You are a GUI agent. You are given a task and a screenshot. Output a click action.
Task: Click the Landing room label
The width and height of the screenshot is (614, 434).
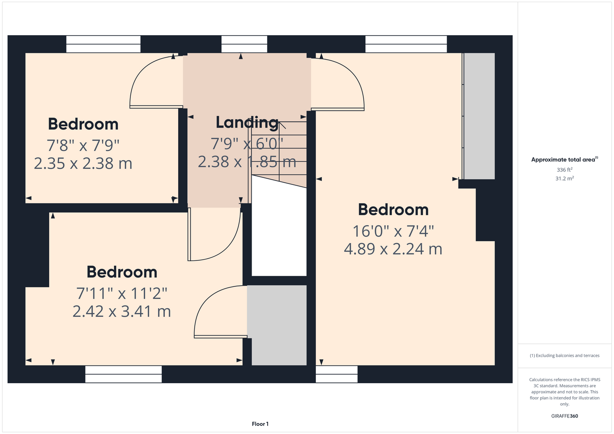[247, 123]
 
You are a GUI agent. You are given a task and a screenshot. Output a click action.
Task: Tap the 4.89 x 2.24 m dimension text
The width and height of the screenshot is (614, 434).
[393, 249]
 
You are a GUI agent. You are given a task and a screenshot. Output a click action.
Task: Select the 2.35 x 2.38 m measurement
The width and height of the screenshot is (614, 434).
[83, 164]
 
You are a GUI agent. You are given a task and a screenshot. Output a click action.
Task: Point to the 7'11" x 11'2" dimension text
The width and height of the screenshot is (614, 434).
[122, 293]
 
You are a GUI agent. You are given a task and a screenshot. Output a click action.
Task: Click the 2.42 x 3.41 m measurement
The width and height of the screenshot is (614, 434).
[122, 311]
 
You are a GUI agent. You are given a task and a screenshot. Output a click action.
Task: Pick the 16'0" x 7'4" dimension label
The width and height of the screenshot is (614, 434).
[393, 231]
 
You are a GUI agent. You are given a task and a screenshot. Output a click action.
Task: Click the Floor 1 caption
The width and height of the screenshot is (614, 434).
[260, 424]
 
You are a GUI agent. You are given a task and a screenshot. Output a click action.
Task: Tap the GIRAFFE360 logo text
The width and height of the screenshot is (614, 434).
[564, 416]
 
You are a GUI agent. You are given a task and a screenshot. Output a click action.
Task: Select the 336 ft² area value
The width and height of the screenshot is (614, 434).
[564, 170]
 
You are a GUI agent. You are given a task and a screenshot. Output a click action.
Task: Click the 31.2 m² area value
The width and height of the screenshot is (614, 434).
[564, 178]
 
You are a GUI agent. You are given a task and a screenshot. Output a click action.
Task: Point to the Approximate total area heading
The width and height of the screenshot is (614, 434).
[564, 159]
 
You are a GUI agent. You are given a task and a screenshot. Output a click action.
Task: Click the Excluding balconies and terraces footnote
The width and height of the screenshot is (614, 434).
[564, 355]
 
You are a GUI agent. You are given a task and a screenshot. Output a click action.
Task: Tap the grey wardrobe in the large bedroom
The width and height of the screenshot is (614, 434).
[479, 116]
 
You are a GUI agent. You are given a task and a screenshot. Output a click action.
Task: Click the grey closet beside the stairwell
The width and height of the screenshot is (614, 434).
[277, 325]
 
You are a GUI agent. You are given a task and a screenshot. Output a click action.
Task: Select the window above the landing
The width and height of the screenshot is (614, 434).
[244, 44]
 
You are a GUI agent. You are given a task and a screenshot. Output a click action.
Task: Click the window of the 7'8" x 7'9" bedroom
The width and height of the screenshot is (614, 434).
[103, 44]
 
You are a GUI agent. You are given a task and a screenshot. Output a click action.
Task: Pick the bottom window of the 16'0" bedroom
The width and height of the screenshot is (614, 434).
[337, 374]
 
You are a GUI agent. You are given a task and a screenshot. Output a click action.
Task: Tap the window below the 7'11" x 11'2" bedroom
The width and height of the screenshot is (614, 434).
[123, 374]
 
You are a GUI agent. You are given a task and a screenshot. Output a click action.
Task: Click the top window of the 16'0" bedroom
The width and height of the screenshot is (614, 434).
[406, 44]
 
